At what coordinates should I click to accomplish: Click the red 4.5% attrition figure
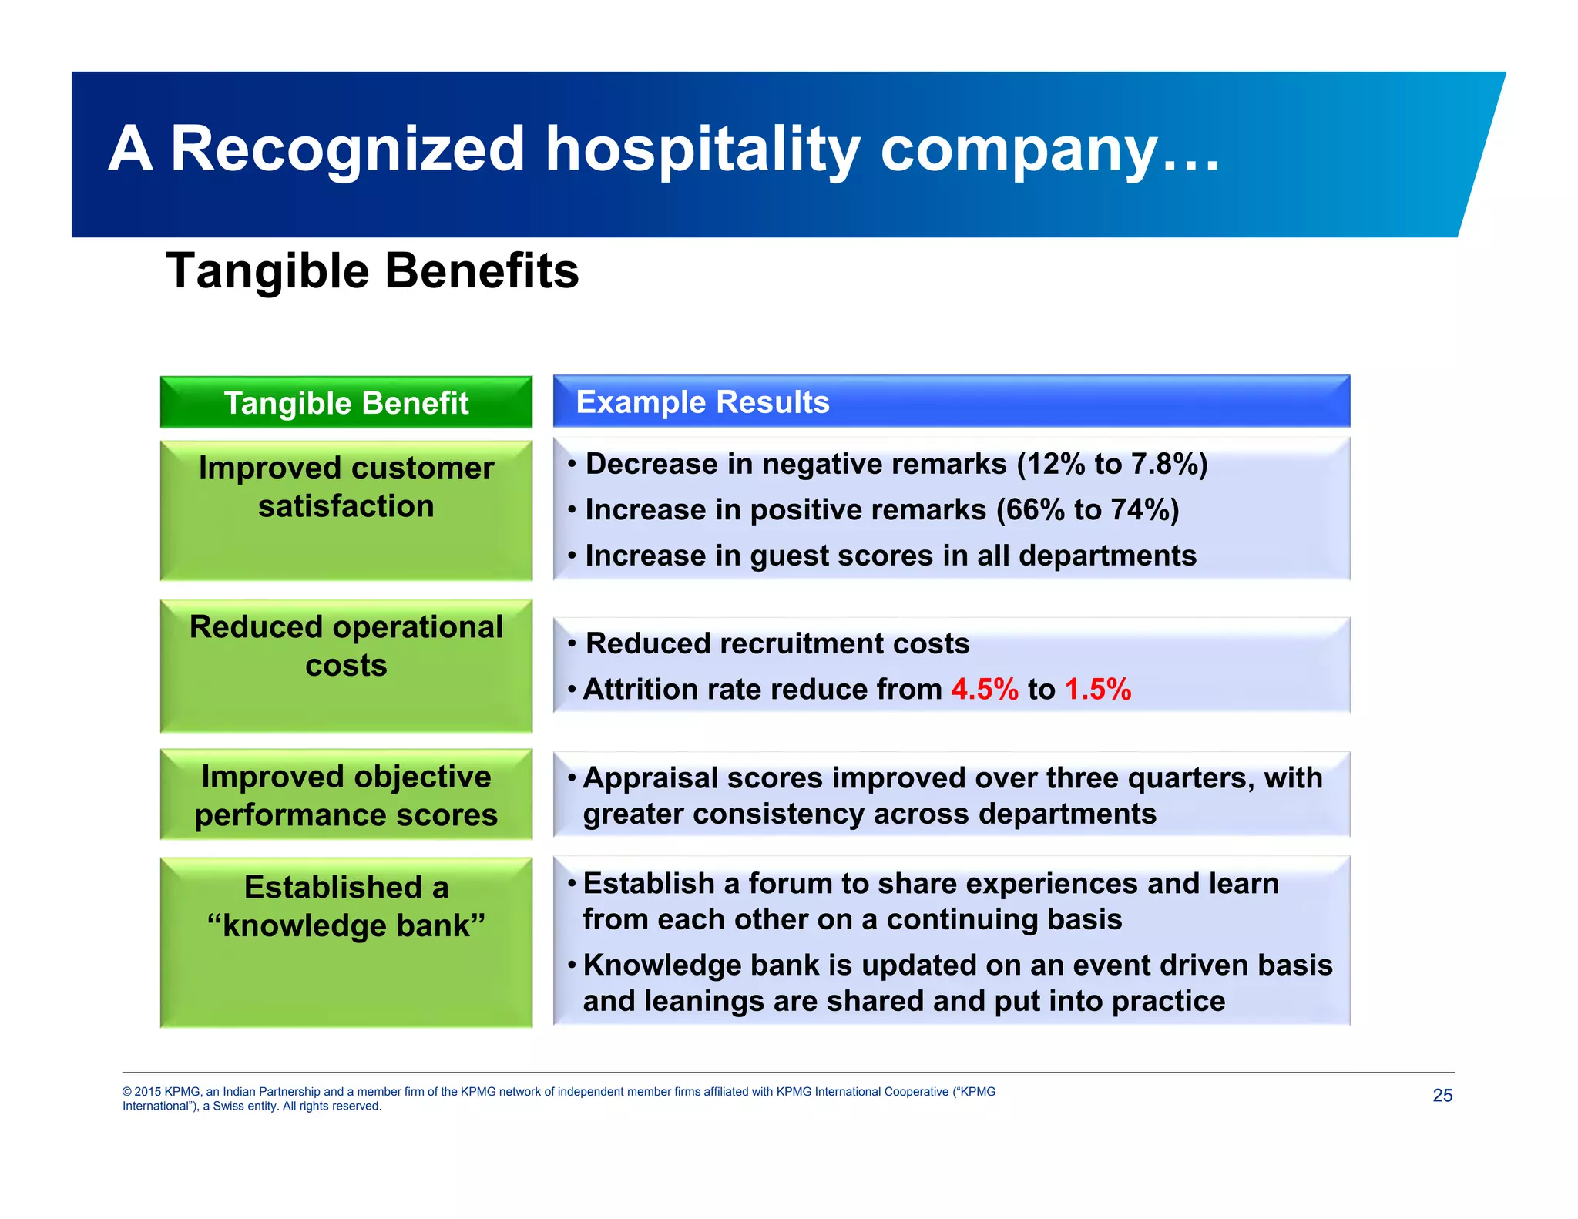pyautogui.click(x=984, y=690)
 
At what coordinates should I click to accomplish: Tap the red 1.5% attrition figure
pyautogui.click(x=1097, y=690)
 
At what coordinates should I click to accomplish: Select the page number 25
pyautogui.click(x=1442, y=1096)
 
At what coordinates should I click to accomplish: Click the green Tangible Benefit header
pyautogui.click(x=346, y=403)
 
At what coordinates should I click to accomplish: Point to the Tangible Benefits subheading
pyautogui.click(x=372, y=271)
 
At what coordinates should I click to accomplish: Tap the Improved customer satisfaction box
pyautogui.click(x=346, y=510)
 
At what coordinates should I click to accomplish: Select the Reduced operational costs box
pyautogui.click(x=346, y=666)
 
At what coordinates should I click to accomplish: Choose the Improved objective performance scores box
pyautogui.click(x=346, y=795)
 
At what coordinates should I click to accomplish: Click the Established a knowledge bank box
pyautogui.click(x=346, y=942)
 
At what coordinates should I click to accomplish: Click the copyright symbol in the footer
pyautogui.click(x=127, y=1093)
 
